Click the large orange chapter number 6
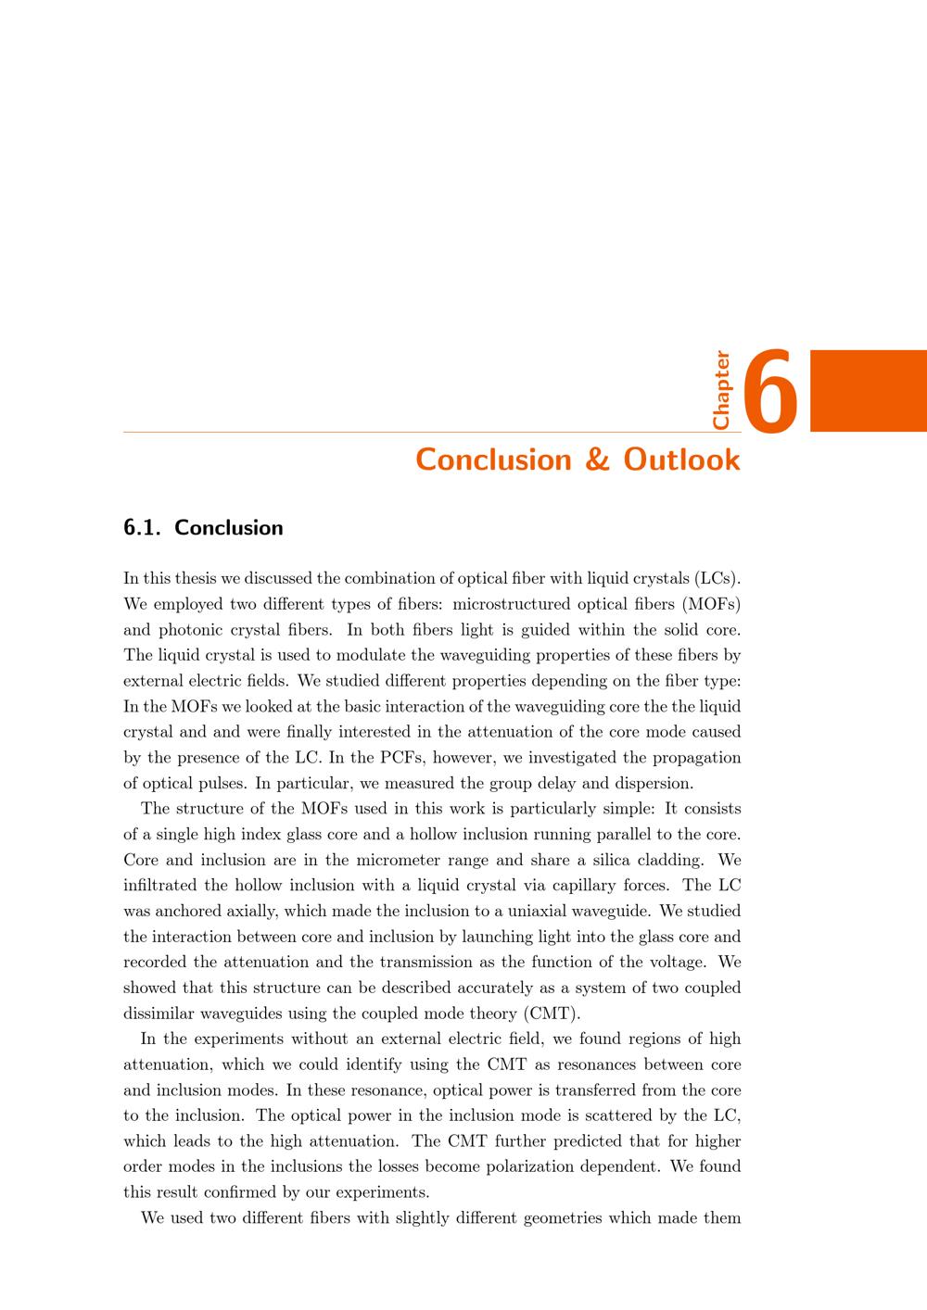coord(771,392)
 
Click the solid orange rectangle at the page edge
coord(868,390)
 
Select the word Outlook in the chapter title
coord(681,460)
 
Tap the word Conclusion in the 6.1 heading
coord(228,528)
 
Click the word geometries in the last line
coord(562,1217)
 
